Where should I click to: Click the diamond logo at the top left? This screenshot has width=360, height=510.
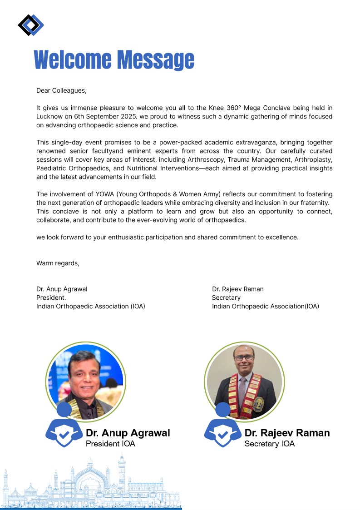click(30, 25)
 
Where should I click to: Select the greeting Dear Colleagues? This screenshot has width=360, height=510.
click(61, 90)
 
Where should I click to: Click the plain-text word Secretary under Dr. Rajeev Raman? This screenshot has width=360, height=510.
click(226, 297)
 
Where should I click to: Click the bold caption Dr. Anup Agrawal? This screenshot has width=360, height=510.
click(128, 433)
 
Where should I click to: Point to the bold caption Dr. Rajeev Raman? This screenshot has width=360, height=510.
click(287, 433)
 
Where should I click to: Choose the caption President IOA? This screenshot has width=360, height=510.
click(110, 444)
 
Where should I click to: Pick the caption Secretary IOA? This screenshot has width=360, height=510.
click(269, 444)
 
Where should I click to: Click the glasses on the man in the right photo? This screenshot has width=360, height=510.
click(244, 357)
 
